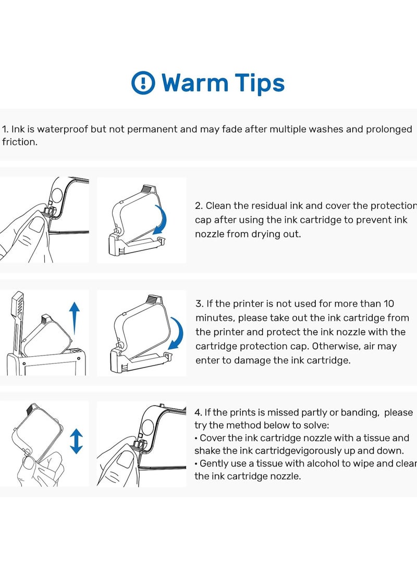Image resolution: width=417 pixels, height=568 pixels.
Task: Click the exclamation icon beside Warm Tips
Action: pyautogui.click(x=143, y=83)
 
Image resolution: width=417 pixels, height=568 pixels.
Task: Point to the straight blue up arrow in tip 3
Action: pyautogui.click(x=75, y=318)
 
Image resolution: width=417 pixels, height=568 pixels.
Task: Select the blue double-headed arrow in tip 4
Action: pyautogui.click(x=76, y=441)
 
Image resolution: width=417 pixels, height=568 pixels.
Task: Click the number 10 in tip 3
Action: pyautogui.click(x=389, y=304)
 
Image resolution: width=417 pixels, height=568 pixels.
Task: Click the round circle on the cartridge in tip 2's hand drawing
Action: pyautogui.click(x=57, y=196)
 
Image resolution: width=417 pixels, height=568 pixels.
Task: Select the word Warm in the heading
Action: pyautogui.click(x=195, y=83)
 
